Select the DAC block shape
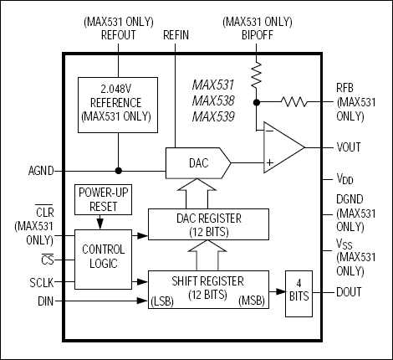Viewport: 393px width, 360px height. tap(197, 161)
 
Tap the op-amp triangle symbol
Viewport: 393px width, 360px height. tap(281, 147)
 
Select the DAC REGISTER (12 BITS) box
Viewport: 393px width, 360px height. tap(208, 222)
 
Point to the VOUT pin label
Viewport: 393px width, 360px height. tap(350, 147)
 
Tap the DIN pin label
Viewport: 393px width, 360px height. tap(46, 299)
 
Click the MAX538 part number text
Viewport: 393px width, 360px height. tap(212, 100)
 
